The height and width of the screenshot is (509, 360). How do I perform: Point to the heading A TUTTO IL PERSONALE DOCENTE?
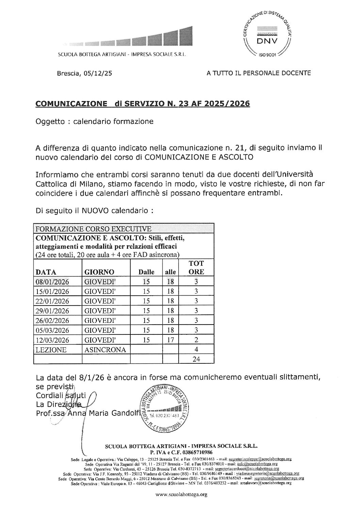[x=259, y=73]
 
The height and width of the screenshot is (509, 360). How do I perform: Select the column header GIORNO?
[x=99, y=272]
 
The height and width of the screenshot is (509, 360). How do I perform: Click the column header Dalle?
[x=146, y=272]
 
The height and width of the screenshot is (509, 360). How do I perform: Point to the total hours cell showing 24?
[x=196, y=359]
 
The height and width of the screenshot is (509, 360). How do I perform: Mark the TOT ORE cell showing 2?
[x=196, y=340]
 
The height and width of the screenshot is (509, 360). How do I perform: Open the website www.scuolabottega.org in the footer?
[x=181, y=495]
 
